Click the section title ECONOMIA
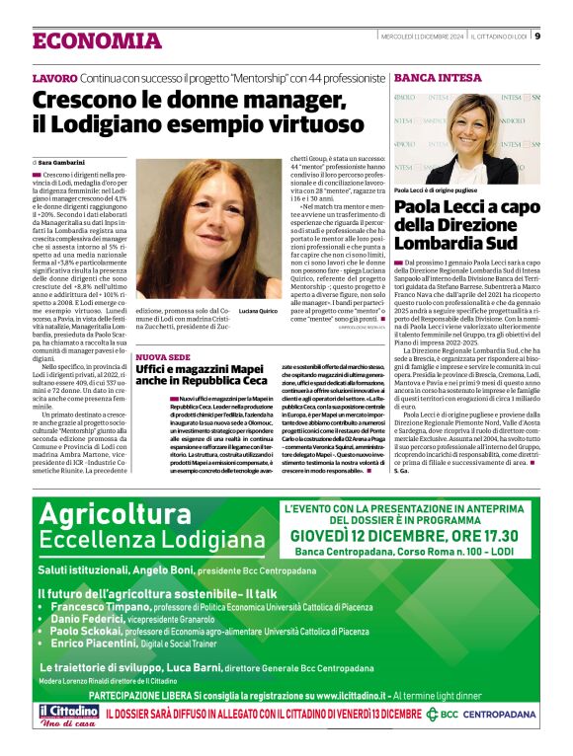point(97,41)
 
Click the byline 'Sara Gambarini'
point(61,162)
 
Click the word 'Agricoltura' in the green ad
point(108,514)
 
